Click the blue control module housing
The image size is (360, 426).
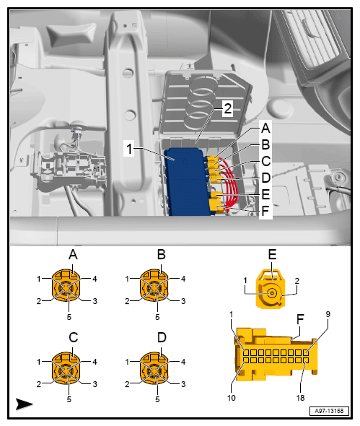(x=188, y=182)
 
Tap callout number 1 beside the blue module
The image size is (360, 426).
(x=129, y=149)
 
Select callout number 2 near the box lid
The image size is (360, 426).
(x=227, y=108)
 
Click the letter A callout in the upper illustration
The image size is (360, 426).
(x=265, y=128)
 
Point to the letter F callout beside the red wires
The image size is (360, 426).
(x=265, y=211)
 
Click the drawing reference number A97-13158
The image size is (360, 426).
(x=329, y=411)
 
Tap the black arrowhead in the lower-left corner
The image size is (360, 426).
(x=24, y=404)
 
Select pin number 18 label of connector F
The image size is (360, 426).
(x=300, y=398)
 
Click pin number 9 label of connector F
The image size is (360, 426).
(x=328, y=314)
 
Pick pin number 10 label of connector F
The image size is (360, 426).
(x=232, y=398)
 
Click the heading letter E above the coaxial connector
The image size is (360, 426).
(x=272, y=255)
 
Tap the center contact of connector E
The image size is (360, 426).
(x=272, y=293)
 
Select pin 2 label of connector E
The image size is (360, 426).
(x=297, y=281)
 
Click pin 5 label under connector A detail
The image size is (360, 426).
(x=69, y=317)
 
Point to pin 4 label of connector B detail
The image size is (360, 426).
(x=183, y=279)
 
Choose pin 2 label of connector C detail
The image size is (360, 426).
(x=39, y=384)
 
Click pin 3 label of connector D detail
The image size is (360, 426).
(x=183, y=384)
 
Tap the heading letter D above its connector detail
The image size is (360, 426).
(x=162, y=338)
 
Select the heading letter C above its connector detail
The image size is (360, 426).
(x=74, y=338)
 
